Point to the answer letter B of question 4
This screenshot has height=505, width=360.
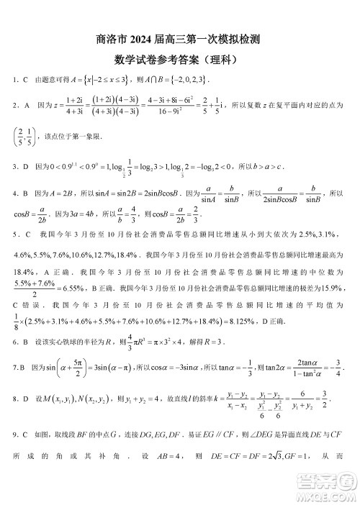pos(27,194)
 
